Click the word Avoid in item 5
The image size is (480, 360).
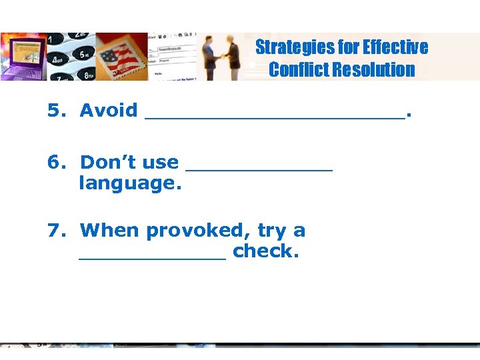pyautogui.click(x=109, y=111)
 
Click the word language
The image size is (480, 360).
pyautogui.click(x=130, y=183)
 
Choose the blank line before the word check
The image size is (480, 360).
pyautogui.click(x=153, y=256)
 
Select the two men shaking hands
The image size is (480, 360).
pyautogui.click(x=222, y=58)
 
